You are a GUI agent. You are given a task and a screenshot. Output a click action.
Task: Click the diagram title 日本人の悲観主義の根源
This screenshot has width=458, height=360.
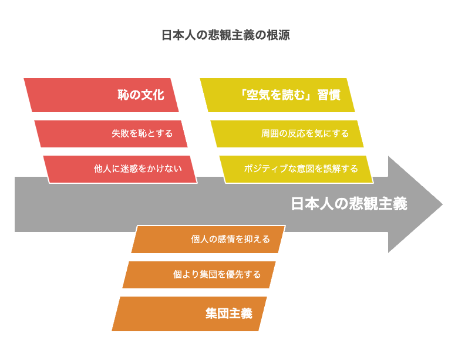(x=225, y=35)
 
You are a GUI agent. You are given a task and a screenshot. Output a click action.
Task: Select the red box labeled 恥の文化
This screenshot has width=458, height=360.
(x=101, y=95)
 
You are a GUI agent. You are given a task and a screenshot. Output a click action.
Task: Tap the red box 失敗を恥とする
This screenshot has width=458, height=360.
(x=111, y=134)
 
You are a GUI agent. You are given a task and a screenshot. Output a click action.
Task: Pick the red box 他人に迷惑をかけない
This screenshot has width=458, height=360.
(x=120, y=170)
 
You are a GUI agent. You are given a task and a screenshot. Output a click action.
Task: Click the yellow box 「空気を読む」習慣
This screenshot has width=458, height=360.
(x=277, y=95)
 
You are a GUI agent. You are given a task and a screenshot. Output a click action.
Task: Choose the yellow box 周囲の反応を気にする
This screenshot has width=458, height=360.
(x=287, y=134)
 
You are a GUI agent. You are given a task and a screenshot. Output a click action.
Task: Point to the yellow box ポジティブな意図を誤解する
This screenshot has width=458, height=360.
(x=297, y=170)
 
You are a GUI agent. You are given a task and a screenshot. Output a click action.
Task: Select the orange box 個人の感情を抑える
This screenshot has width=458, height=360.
(x=208, y=239)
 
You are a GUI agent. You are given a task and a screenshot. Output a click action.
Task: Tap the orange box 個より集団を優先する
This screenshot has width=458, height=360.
(x=199, y=275)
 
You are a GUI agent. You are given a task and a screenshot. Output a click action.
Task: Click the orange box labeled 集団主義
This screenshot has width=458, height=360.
(x=189, y=314)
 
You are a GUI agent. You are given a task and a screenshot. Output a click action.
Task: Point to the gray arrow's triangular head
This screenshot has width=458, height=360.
(x=415, y=204)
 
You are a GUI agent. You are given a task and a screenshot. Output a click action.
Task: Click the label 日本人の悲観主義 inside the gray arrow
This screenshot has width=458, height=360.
(x=349, y=204)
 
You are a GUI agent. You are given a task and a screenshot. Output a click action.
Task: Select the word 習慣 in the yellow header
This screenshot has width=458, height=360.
(x=329, y=95)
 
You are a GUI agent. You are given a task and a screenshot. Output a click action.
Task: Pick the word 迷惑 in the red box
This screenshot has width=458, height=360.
(x=129, y=169)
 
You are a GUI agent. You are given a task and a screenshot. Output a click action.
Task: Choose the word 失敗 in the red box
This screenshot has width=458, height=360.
(x=120, y=133)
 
